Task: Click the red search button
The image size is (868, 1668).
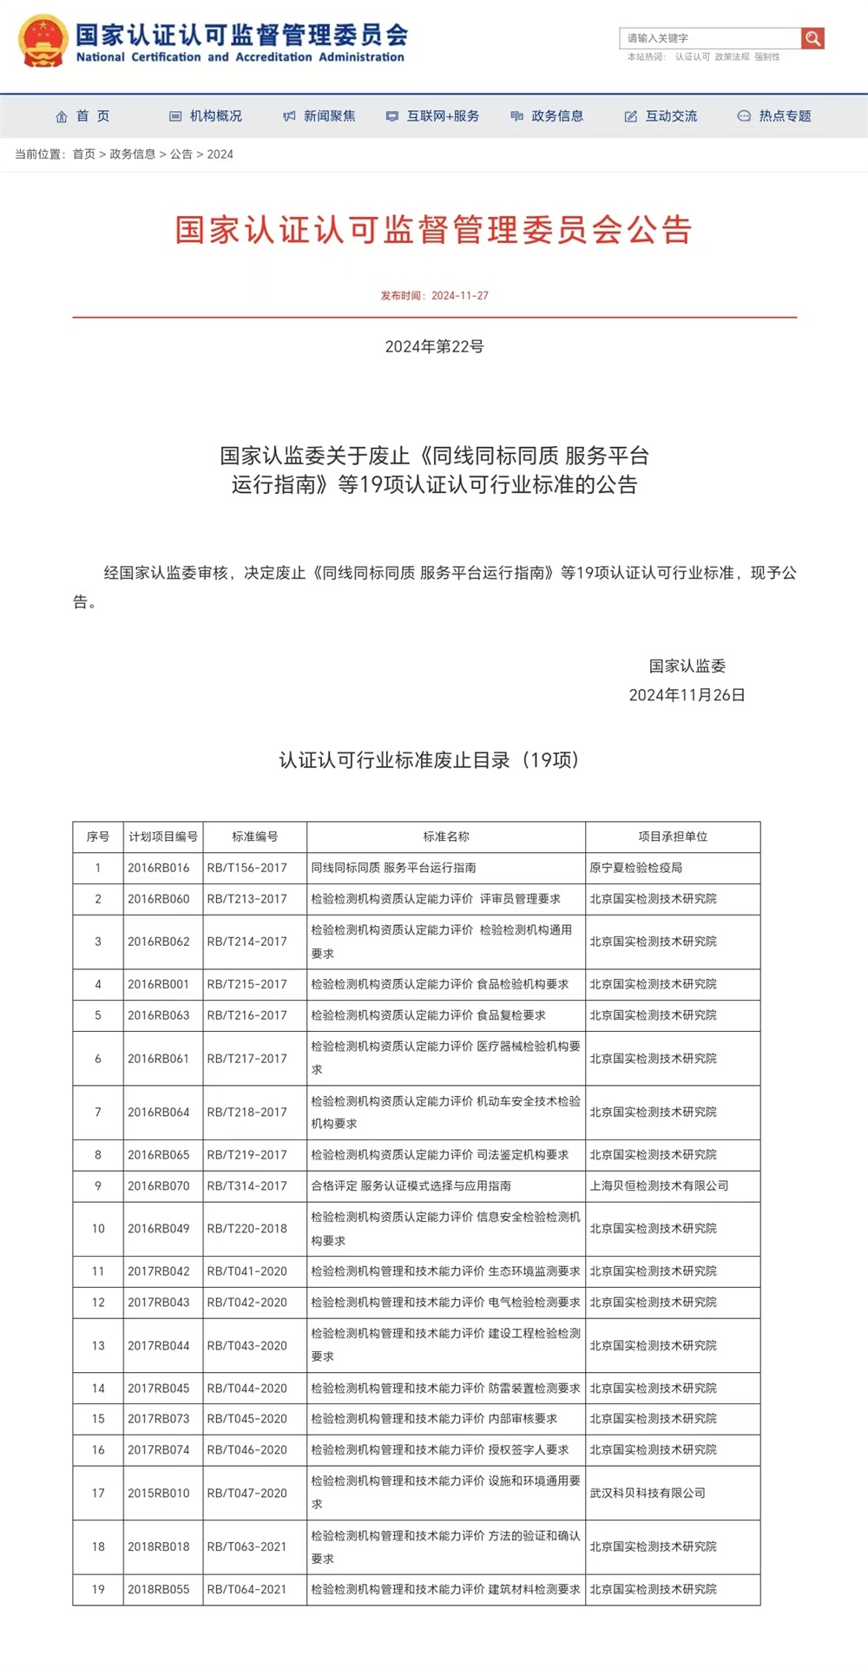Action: pos(812,38)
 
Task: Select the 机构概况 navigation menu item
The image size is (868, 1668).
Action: pos(207,116)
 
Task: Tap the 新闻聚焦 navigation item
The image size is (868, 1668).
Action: pos(320,116)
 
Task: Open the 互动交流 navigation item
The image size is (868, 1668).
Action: pos(661,116)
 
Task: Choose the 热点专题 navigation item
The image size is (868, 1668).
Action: pos(775,116)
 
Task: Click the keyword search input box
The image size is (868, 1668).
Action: pos(710,38)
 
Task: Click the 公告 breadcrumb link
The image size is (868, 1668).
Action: pos(181,154)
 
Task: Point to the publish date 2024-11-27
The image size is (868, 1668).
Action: pos(459,296)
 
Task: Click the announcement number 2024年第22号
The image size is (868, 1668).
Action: pos(434,347)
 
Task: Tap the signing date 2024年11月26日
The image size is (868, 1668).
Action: pos(687,695)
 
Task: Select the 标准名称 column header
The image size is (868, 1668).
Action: pos(446,837)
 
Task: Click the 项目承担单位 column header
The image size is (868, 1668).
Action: pos(673,837)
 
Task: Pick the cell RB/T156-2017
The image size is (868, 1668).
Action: pos(247,868)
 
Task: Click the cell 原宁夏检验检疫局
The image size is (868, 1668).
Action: pos(636,868)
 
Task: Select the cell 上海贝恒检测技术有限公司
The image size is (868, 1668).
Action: pos(659,1185)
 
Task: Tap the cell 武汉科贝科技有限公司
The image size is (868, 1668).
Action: pos(648,1493)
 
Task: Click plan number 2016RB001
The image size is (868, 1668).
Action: pos(158,984)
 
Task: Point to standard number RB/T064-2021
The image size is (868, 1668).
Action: pos(247,1589)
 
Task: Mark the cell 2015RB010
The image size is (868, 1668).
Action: pos(158,1493)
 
